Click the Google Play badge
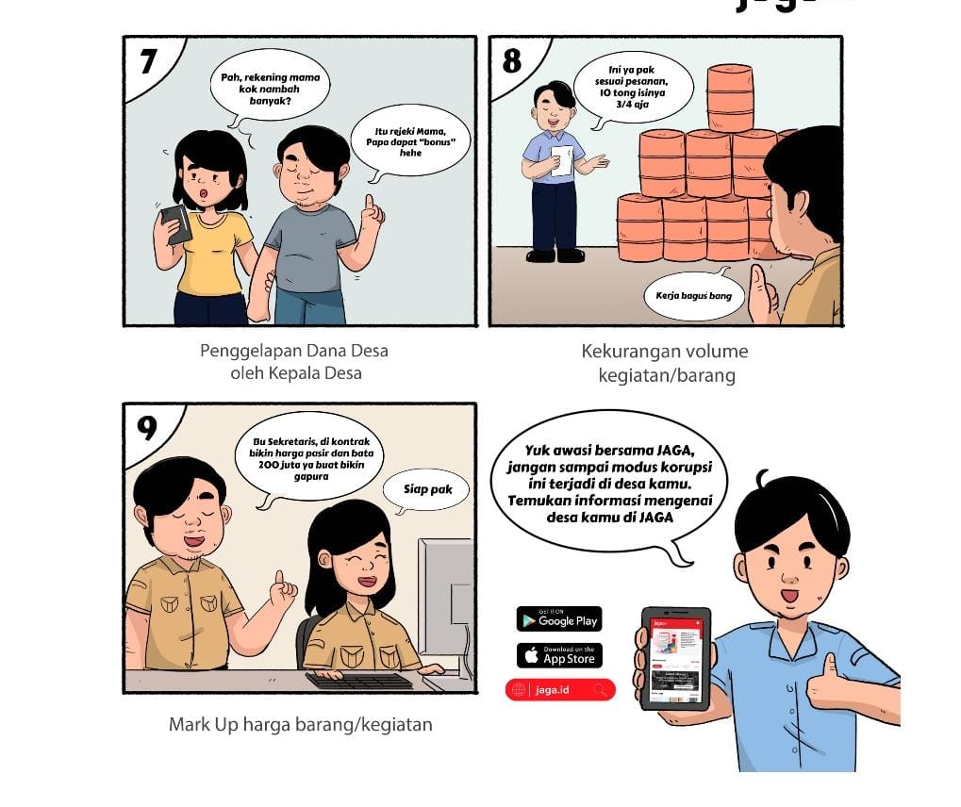pos(559,618)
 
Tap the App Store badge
pos(559,655)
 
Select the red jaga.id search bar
pos(560,690)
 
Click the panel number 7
pos(148,61)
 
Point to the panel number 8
pos(512,60)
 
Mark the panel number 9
pos(147,428)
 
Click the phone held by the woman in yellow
pos(176,224)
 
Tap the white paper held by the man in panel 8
pos(561,160)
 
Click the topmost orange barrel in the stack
pos(730,98)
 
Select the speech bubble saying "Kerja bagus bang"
pos(694,296)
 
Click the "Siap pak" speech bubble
pos(426,489)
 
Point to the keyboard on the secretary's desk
pos(359,681)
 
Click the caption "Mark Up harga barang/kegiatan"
pos(300,724)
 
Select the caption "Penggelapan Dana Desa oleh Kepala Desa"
pos(295,361)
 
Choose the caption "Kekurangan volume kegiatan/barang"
pos(666,363)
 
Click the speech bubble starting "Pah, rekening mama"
pos(270,90)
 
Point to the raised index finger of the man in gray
pos(370,203)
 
